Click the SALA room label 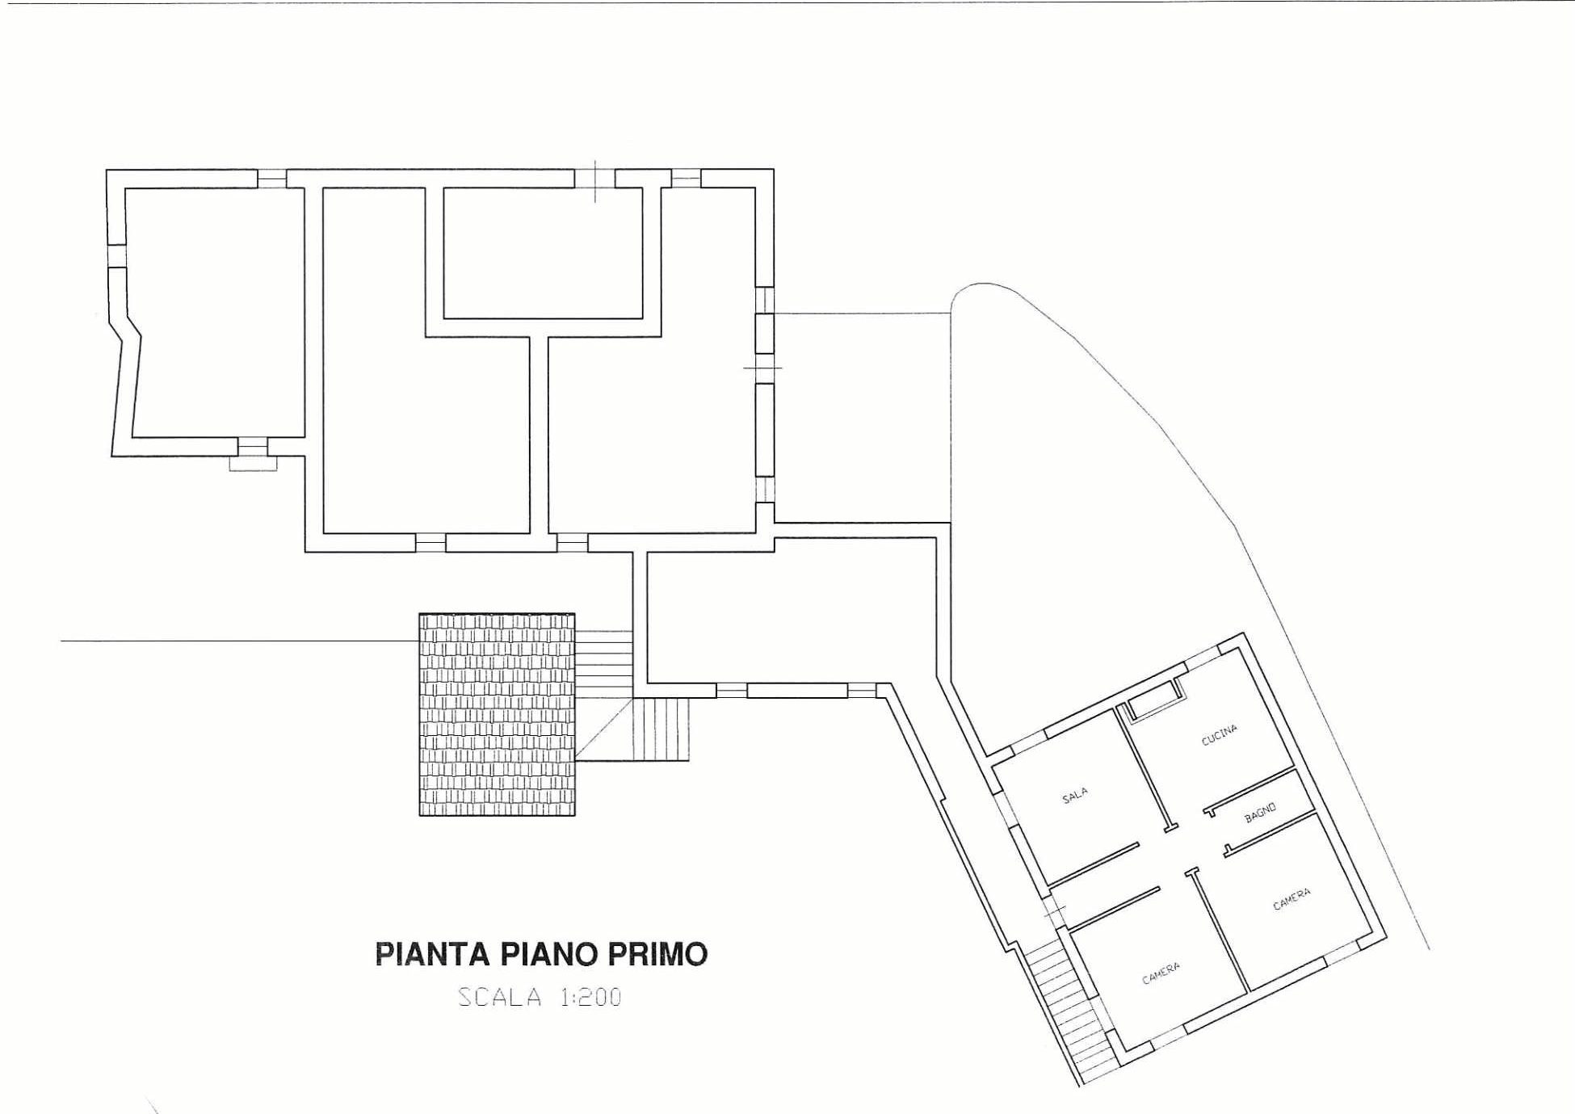1074,796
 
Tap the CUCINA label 1219,735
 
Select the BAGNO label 1260,813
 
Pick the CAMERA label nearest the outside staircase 1161,973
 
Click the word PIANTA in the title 432,954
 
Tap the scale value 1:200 590,997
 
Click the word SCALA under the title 500,997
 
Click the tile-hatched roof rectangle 497,715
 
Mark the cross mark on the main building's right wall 762,368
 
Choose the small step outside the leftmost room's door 254,464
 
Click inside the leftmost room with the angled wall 214,311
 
